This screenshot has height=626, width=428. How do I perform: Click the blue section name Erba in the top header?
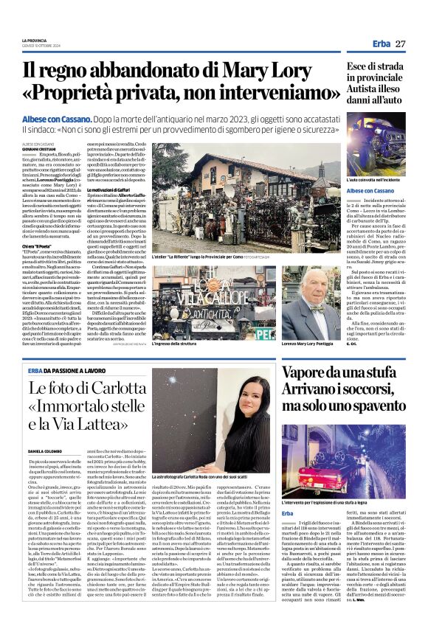point(381,44)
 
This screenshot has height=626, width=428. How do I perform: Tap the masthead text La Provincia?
point(33,40)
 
